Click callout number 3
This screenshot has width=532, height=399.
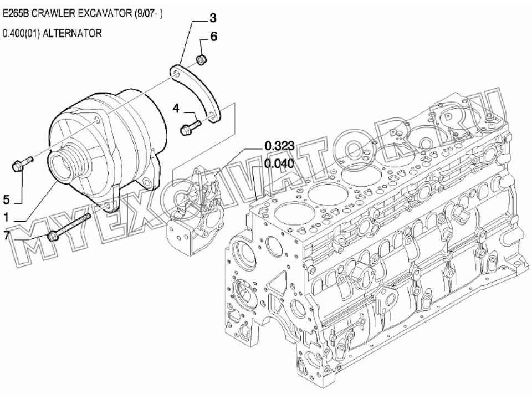pyautogui.click(x=213, y=18)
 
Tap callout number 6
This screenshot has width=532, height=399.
pyautogui.click(x=213, y=37)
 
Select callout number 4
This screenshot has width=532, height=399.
pyautogui.click(x=176, y=109)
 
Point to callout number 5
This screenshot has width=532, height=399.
pyautogui.click(x=6, y=200)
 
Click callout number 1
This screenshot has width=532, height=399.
pyautogui.click(x=6, y=217)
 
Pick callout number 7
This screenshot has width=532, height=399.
pyautogui.click(x=6, y=235)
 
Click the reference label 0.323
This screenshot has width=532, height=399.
pyautogui.click(x=279, y=146)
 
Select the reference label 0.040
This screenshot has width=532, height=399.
pyautogui.click(x=279, y=163)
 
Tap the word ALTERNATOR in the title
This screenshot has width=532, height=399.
pyautogui.click(x=72, y=33)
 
